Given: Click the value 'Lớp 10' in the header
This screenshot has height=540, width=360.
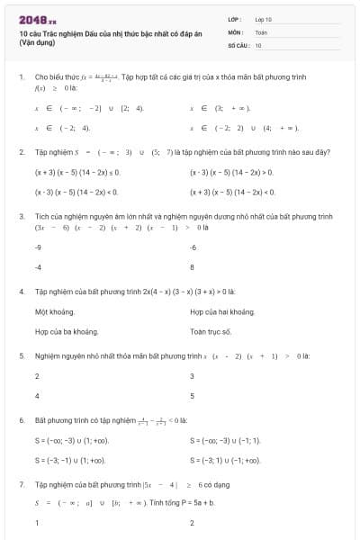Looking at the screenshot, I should [x=263, y=18].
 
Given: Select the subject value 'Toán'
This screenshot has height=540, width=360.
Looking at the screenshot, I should [x=261, y=31].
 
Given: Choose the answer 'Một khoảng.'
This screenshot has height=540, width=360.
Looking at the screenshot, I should [x=53, y=311].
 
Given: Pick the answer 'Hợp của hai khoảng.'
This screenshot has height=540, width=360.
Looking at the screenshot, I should [x=217, y=311].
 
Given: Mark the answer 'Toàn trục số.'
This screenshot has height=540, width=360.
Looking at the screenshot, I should [x=211, y=331].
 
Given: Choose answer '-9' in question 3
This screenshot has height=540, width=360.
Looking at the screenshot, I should [x=38, y=247].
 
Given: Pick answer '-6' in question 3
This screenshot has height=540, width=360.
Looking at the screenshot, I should [x=193, y=247].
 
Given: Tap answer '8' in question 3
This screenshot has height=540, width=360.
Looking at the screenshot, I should [x=192, y=266].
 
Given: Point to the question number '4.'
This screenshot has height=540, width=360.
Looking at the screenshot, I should [x=22, y=292].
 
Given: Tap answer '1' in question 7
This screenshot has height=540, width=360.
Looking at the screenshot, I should [x=37, y=524].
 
